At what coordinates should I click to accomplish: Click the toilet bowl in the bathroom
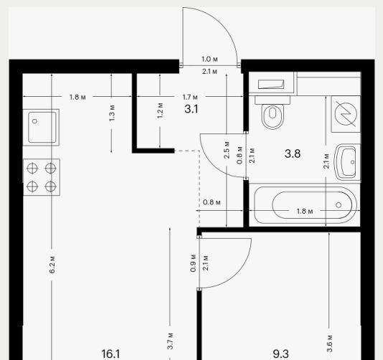pos(273,116)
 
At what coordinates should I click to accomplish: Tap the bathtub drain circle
pos(339,205)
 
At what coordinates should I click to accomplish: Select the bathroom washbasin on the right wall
pos(348,162)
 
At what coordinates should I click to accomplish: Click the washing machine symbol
pos(346,114)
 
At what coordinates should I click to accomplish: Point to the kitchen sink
pos(42,127)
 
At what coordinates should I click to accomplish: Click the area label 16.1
pos(110,354)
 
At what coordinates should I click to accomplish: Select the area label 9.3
pos(280,354)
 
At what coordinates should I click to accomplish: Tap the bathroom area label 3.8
pos(293,153)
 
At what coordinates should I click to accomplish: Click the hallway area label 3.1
pos(191,109)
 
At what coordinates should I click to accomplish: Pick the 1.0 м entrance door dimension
pos(209,59)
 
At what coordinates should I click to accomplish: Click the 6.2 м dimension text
pos(52,265)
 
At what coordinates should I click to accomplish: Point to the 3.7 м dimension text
pos(171,341)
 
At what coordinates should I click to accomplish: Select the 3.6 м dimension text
pos(329,344)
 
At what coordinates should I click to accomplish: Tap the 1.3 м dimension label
pos(112,113)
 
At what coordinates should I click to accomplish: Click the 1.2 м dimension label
pos(160,110)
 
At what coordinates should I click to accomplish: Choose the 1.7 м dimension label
pos(190,98)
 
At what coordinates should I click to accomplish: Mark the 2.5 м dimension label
pos(227,150)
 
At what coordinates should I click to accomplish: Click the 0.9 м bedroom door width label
pos(193,263)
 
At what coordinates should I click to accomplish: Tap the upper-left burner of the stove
pos(32,168)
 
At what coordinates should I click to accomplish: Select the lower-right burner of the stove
pos(50,186)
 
